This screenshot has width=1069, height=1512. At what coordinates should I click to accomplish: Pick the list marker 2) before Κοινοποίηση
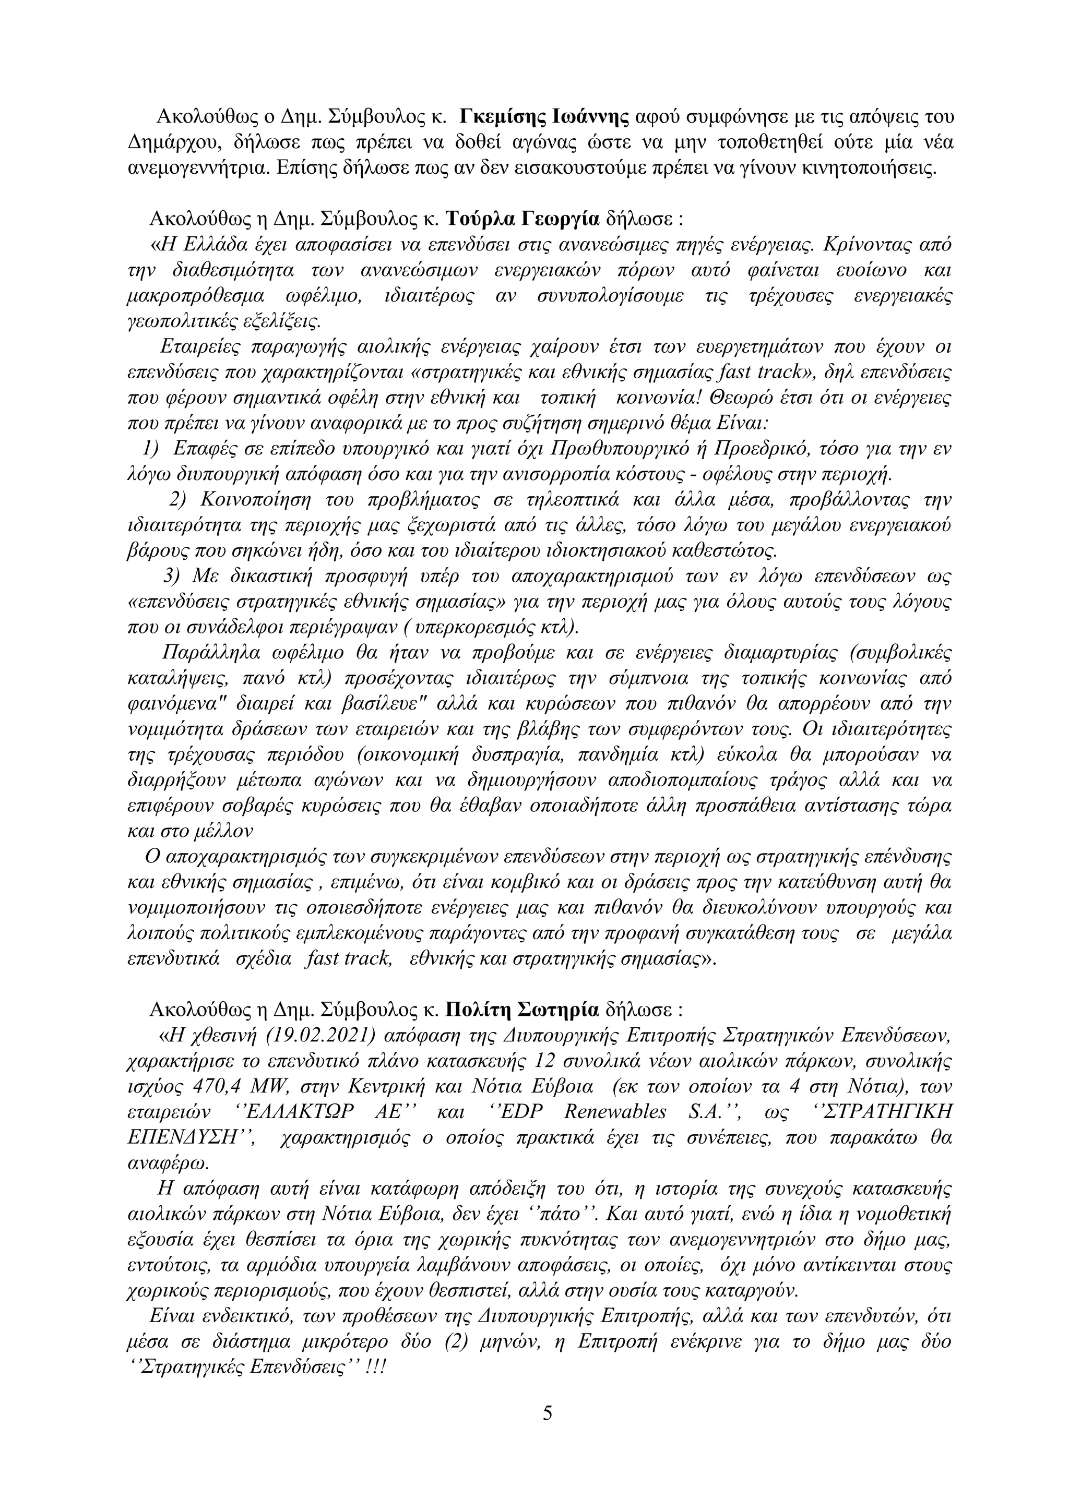179,500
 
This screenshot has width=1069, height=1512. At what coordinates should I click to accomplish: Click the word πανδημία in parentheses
616,754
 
